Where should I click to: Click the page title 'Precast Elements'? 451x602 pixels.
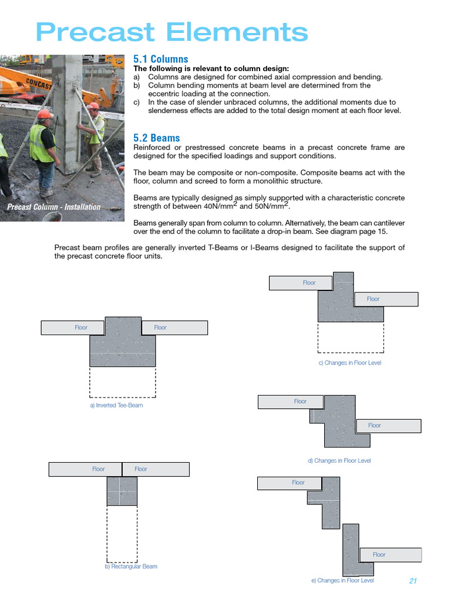point(171,32)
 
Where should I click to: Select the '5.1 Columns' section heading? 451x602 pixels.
point(160,59)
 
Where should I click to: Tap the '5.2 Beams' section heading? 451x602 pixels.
point(156,138)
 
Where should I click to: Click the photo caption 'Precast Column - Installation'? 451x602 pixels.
point(53,207)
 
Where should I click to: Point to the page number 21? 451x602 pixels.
point(412,581)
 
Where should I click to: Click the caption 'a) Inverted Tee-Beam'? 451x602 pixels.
point(116,406)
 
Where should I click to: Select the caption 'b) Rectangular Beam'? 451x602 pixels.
point(131,567)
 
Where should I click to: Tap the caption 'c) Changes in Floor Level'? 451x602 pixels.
point(349,363)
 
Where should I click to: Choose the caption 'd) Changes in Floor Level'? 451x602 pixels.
point(339,461)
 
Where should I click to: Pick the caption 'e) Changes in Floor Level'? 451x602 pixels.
point(342,580)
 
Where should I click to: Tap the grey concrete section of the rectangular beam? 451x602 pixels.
point(122,491)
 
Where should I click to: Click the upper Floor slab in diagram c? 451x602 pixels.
point(301,283)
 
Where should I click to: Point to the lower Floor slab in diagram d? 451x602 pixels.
point(388,425)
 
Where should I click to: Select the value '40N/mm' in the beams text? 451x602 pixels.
point(218,207)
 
